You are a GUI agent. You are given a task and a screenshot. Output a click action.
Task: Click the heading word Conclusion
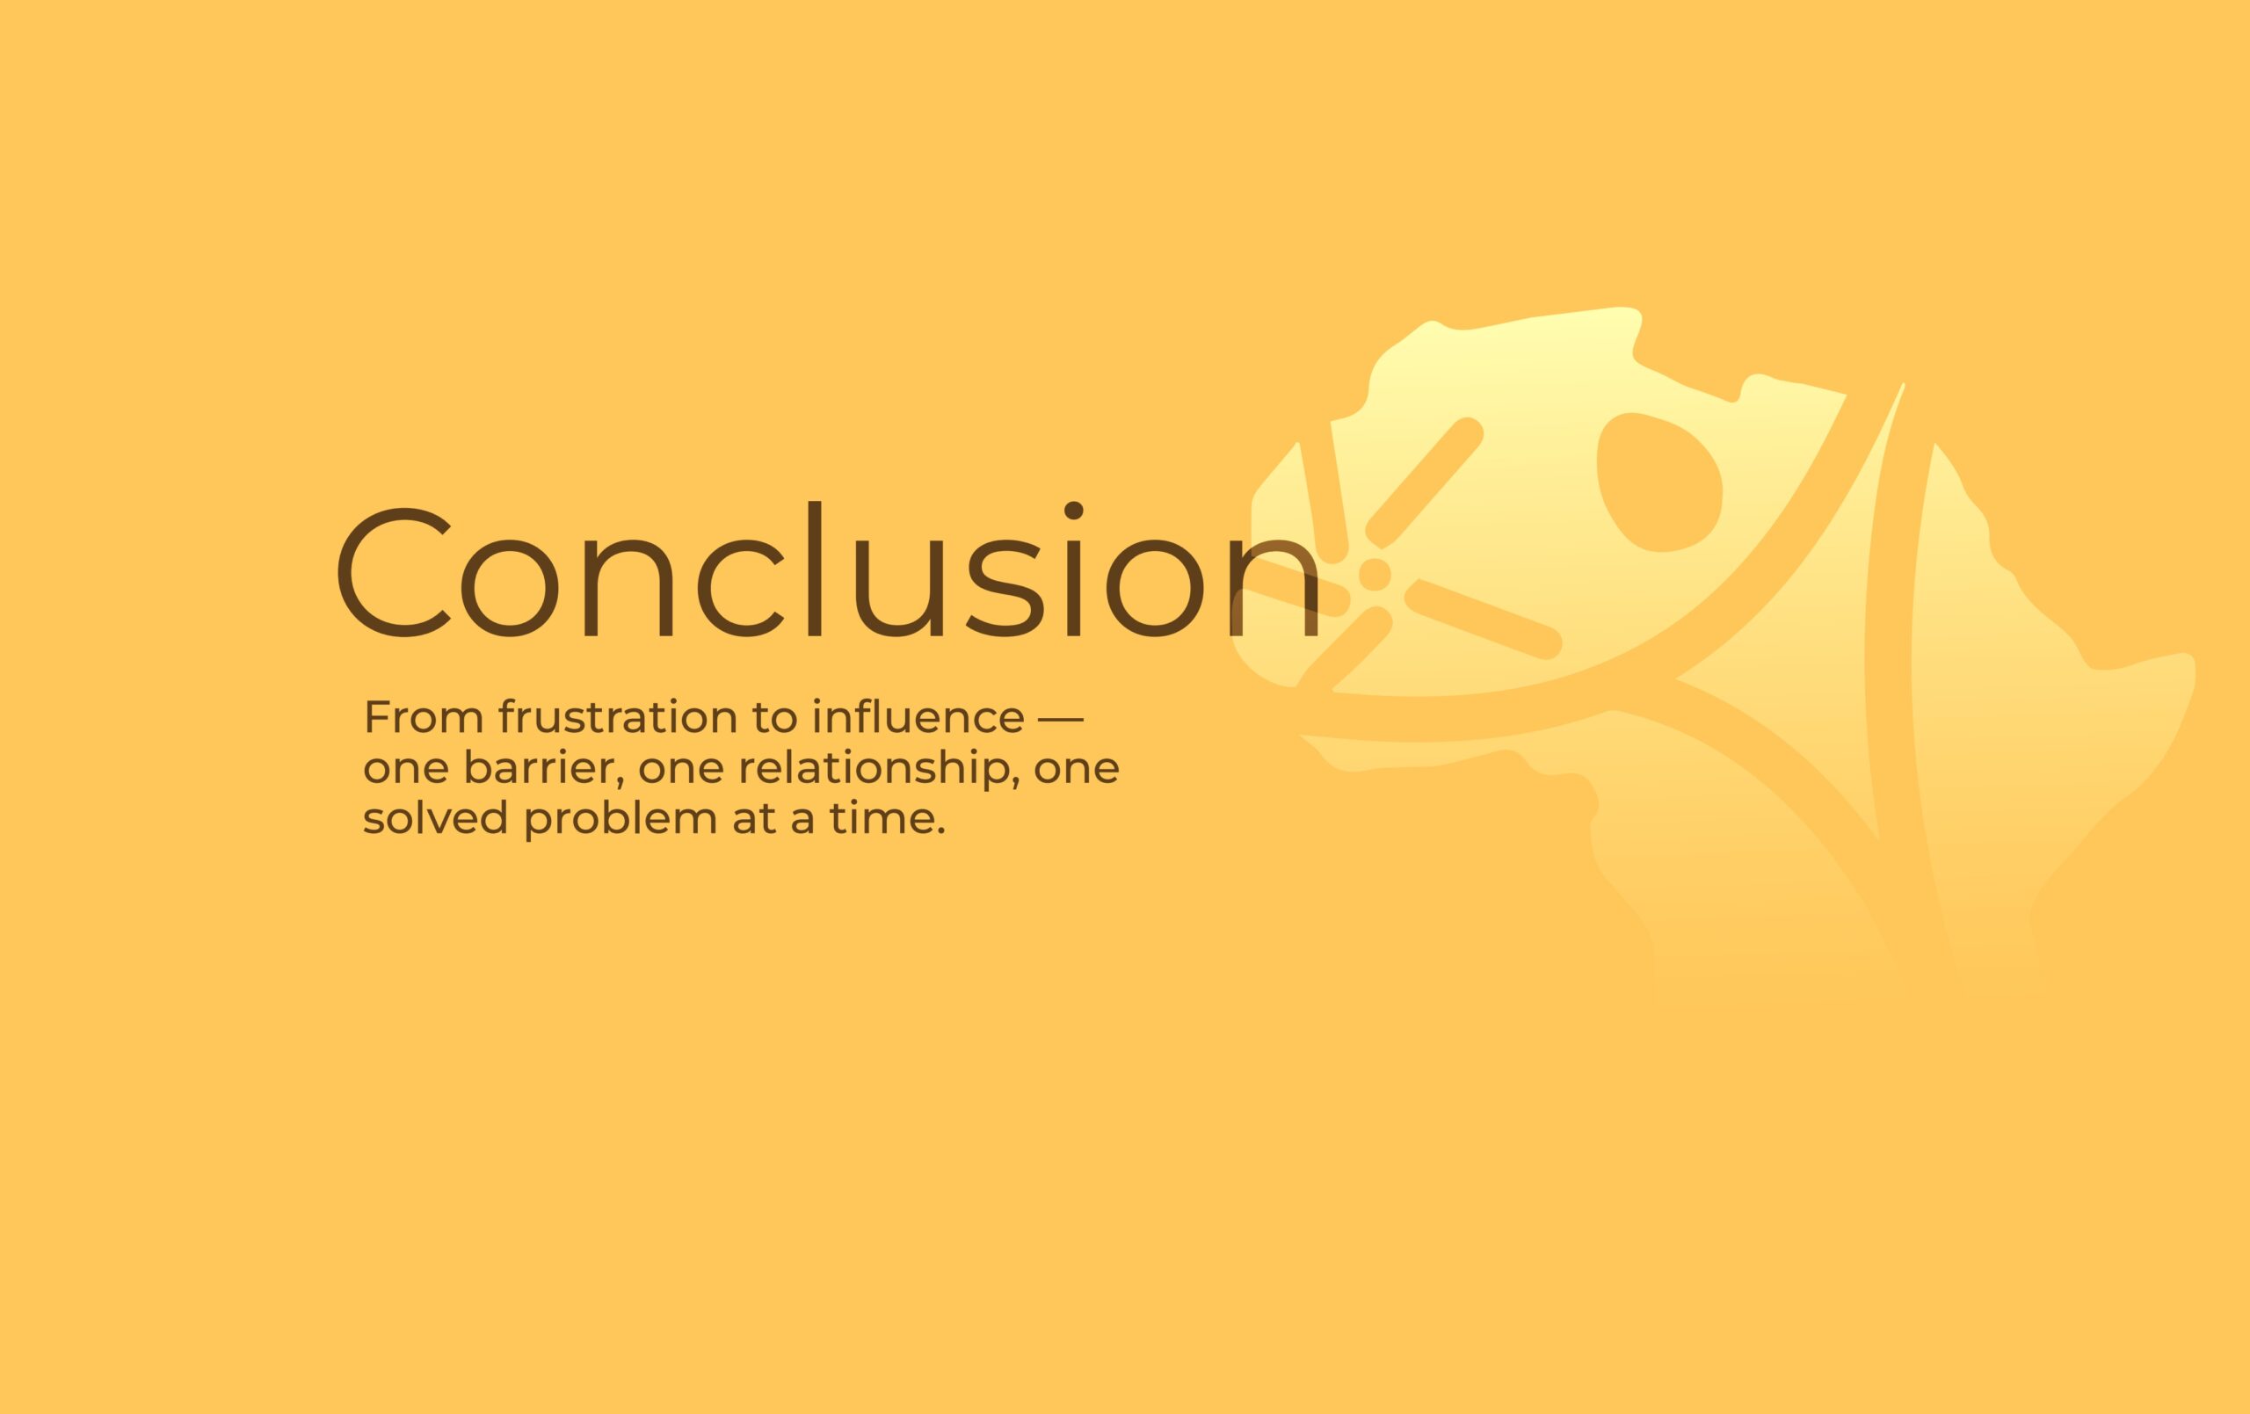click(828, 571)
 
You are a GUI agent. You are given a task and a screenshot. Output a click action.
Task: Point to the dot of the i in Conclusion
click(1074, 511)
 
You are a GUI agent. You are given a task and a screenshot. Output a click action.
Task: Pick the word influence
click(918, 717)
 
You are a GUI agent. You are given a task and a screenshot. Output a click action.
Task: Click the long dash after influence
click(1062, 719)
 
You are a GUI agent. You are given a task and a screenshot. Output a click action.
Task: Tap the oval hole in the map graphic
click(1659, 482)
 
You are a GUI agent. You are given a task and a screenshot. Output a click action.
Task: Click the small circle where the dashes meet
click(1374, 574)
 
